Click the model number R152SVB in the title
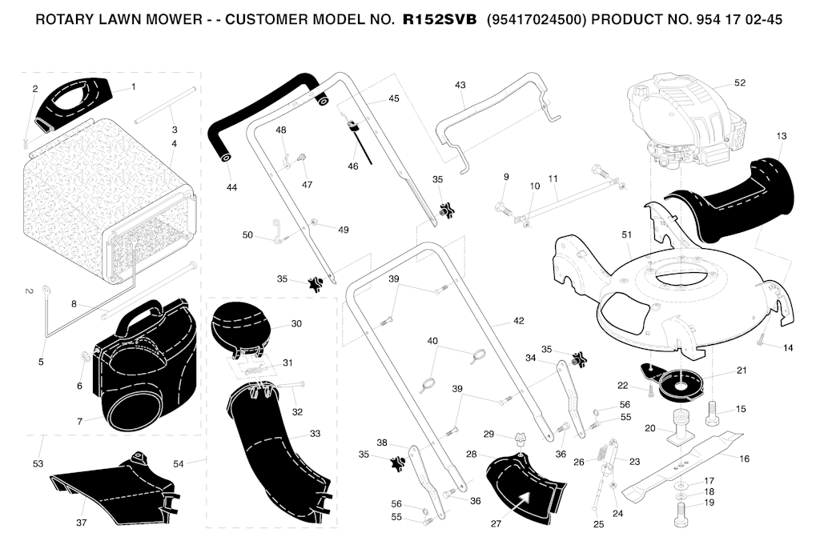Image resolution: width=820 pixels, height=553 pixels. [440, 19]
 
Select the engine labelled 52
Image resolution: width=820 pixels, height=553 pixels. [686, 122]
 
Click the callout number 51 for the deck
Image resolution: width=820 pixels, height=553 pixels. [626, 235]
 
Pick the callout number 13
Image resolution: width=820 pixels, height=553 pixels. [781, 136]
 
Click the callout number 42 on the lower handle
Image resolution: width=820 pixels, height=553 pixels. [518, 321]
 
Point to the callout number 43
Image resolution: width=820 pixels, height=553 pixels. [460, 85]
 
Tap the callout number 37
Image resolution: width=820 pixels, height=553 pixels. [81, 522]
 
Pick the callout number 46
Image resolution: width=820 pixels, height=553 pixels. [353, 166]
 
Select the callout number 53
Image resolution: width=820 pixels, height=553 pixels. [38, 463]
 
